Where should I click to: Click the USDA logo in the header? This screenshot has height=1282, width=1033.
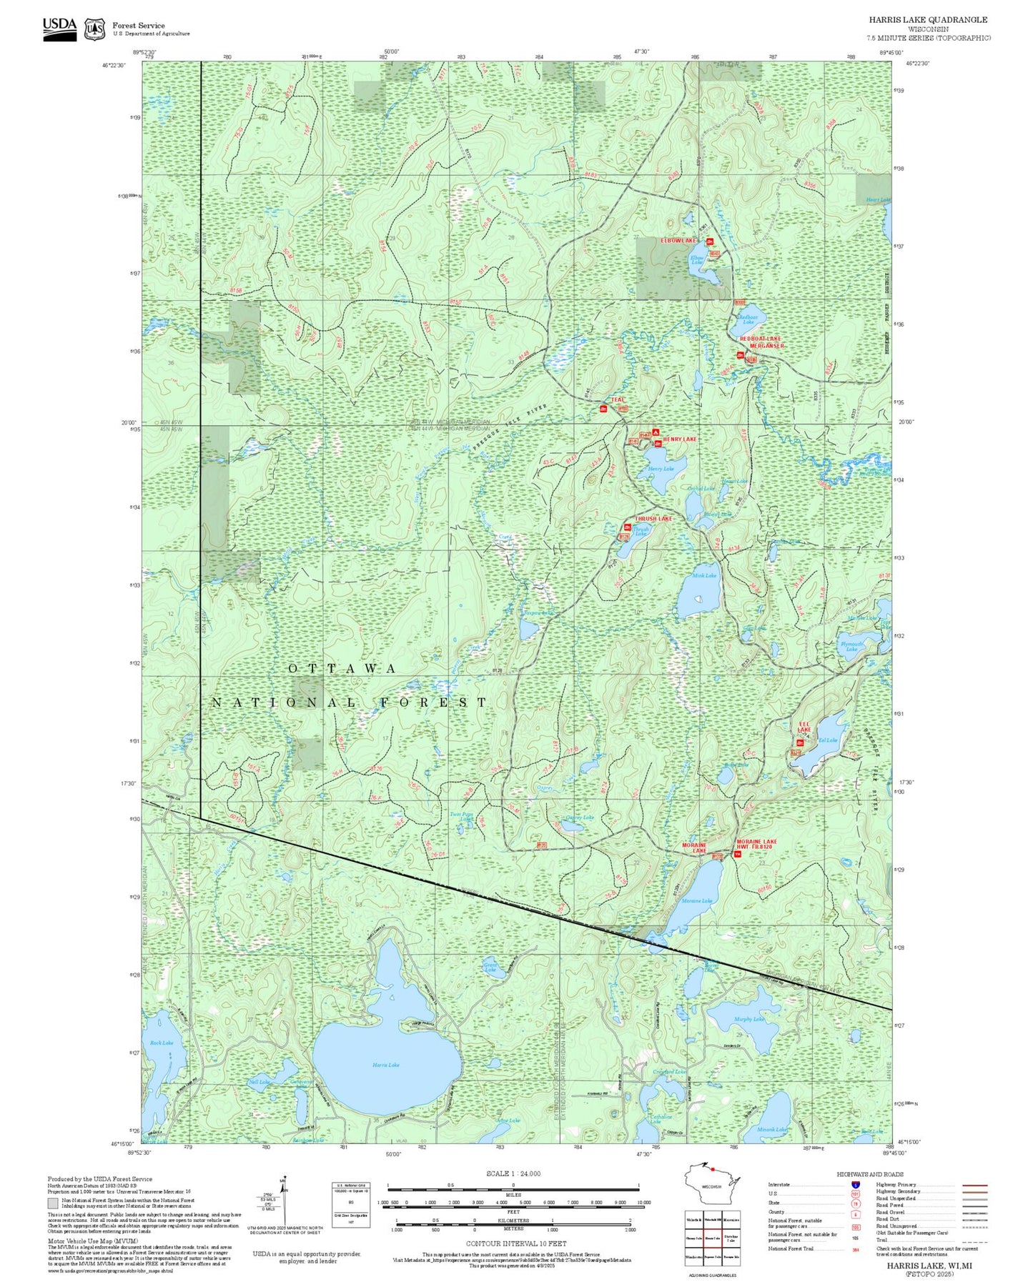(x=59, y=28)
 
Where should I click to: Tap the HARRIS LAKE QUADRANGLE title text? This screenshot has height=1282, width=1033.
(x=928, y=20)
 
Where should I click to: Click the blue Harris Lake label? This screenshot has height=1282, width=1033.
(x=386, y=1065)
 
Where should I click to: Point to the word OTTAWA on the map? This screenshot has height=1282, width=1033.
(x=342, y=668)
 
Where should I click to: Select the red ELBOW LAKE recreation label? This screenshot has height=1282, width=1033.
(x=678, y=241)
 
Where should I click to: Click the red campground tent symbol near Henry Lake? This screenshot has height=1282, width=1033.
(x=655, y=432)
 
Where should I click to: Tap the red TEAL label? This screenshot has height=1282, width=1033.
(x=618, y=400)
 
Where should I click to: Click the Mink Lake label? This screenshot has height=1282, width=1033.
(x=703, y=575)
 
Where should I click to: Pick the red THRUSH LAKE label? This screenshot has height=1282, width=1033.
(x=653, y=519)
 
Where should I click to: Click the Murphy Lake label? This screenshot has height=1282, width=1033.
(x=748, y=1019)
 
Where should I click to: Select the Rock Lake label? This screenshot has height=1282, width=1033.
(x=162, y=1043)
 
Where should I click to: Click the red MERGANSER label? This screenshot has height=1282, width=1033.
(x=766, y=346)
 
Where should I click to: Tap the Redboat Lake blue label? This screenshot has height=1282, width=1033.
(x=748, y=319)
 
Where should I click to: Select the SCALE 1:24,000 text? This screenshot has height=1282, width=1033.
(x=513, y=1173)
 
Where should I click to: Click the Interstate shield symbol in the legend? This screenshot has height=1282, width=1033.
(x=855, y=1185)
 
